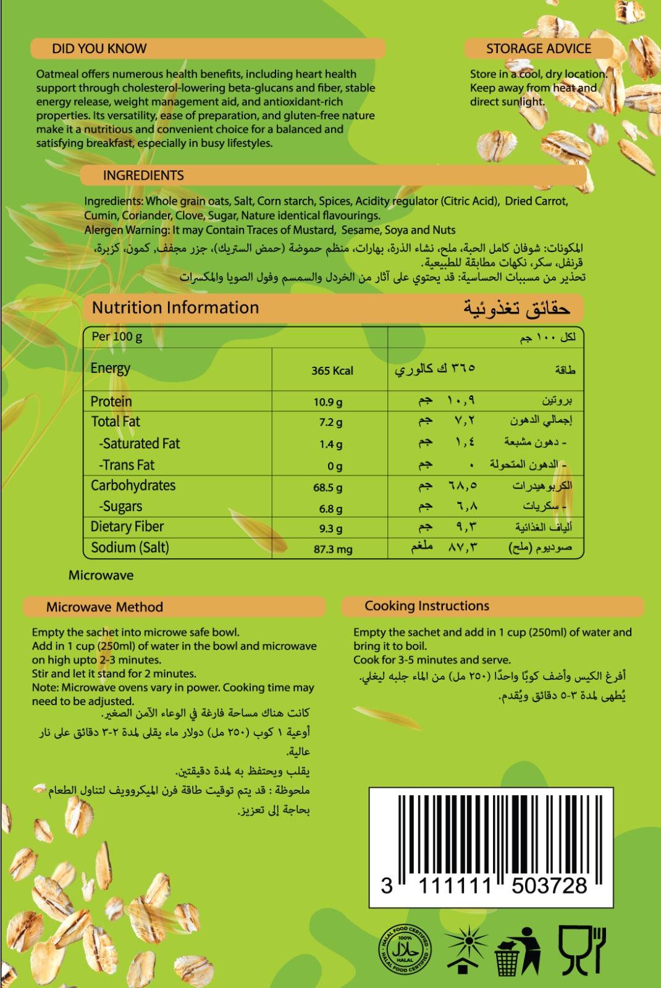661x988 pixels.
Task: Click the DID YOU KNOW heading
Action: (99, 49)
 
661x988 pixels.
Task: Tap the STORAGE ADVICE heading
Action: (538, 49)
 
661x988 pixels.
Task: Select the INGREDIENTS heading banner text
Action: (143, 175)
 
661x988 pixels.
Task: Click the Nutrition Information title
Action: (175, 308)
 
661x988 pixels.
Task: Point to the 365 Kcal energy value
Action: (332, 371)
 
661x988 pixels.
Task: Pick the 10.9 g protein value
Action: (327, 403)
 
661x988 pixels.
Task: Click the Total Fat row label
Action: (116, 422)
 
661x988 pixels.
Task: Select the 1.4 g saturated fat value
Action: (331, 444)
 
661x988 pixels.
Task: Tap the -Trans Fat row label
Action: (127, 465)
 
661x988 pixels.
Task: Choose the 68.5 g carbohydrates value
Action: (327, 487)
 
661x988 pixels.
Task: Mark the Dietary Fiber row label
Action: (127, 527)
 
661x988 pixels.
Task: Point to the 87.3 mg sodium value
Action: (332, 548)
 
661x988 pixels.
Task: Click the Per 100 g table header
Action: (117, 337)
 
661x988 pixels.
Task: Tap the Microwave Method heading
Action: (104, 607)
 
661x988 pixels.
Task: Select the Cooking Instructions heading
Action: (427, 606)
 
